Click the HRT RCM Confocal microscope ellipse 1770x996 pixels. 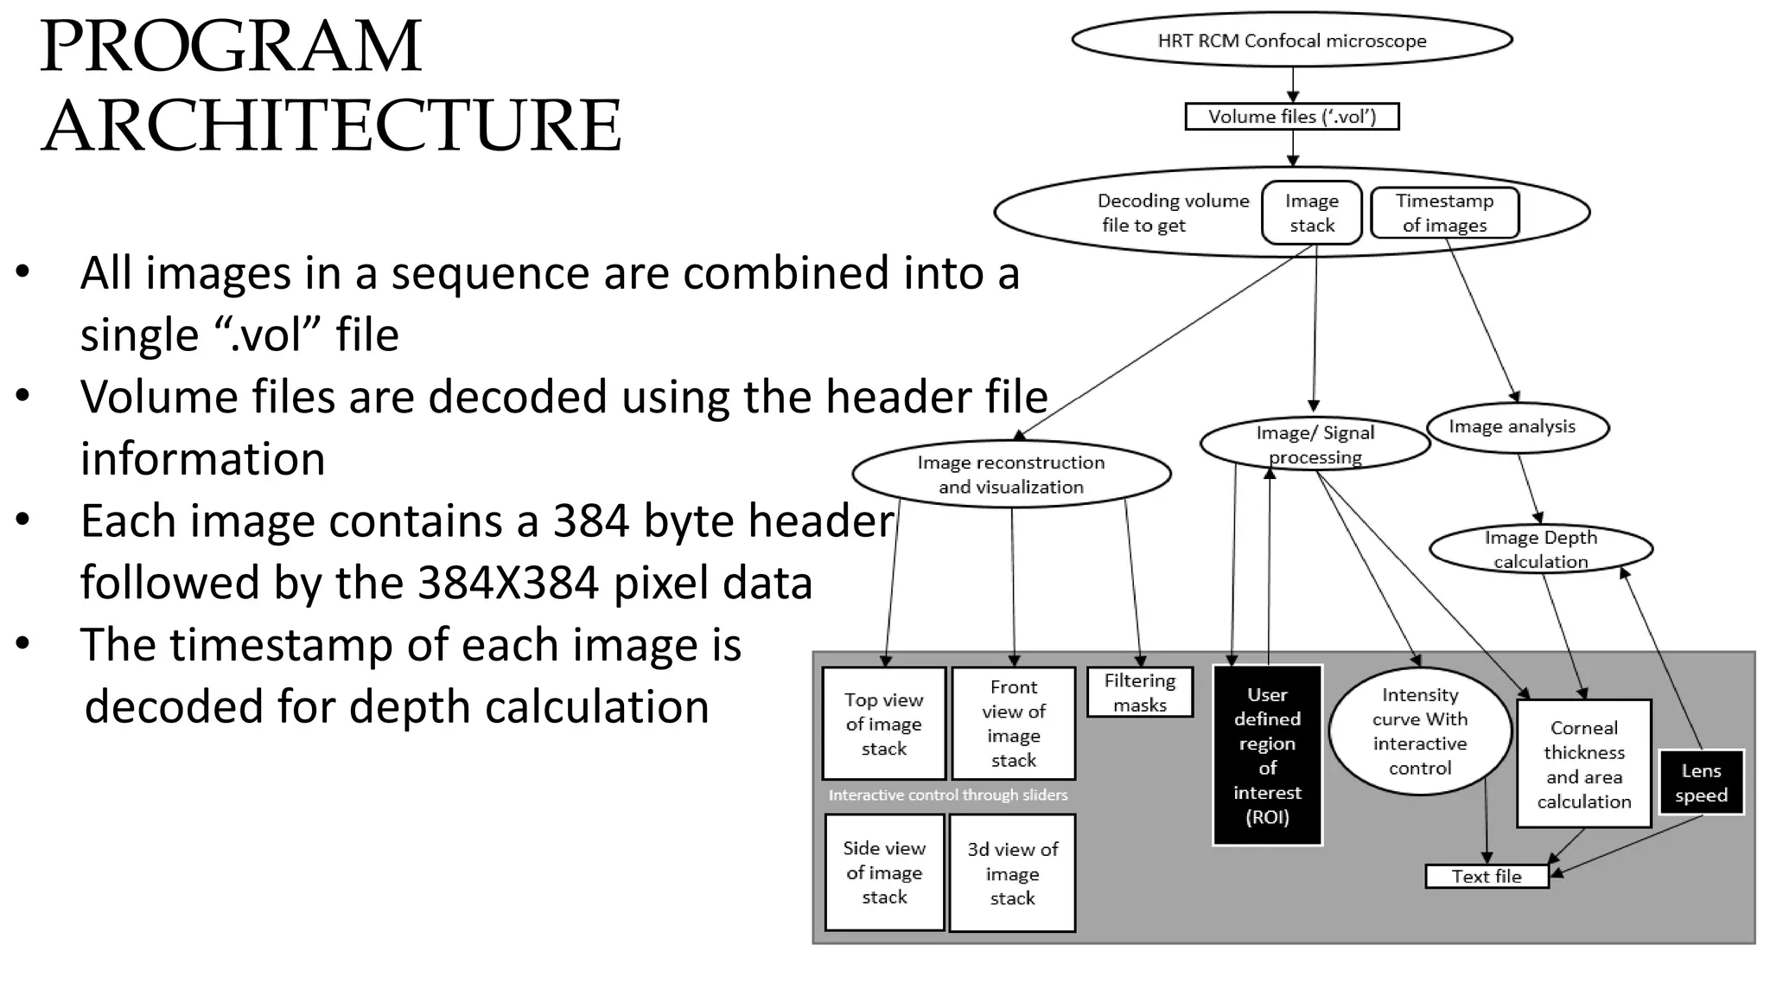(1291, 41)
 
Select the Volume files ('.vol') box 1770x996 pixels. (1291, 117)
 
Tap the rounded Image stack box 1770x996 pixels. (1311, 213)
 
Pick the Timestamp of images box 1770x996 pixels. (1444, 213)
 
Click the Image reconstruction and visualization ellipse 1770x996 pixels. (1011, 475)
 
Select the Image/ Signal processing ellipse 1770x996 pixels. (1315, 444)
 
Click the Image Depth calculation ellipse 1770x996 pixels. (1540, 549)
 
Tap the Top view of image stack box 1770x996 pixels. (883, 724)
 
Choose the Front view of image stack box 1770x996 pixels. (1013, 724)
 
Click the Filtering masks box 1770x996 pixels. (1139, 693)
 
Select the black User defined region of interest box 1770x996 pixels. (1267, 755)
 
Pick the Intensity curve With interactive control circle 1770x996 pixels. (1419, 731)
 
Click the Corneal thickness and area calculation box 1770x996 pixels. (1583, 764)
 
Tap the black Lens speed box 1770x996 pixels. (1701, 782)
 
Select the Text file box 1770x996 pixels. (1486, 876)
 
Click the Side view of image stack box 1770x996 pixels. (883, 872)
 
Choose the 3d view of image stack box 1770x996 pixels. (1011, 873)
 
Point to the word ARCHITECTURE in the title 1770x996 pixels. (331, 125)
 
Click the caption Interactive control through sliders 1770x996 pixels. (947, 795)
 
